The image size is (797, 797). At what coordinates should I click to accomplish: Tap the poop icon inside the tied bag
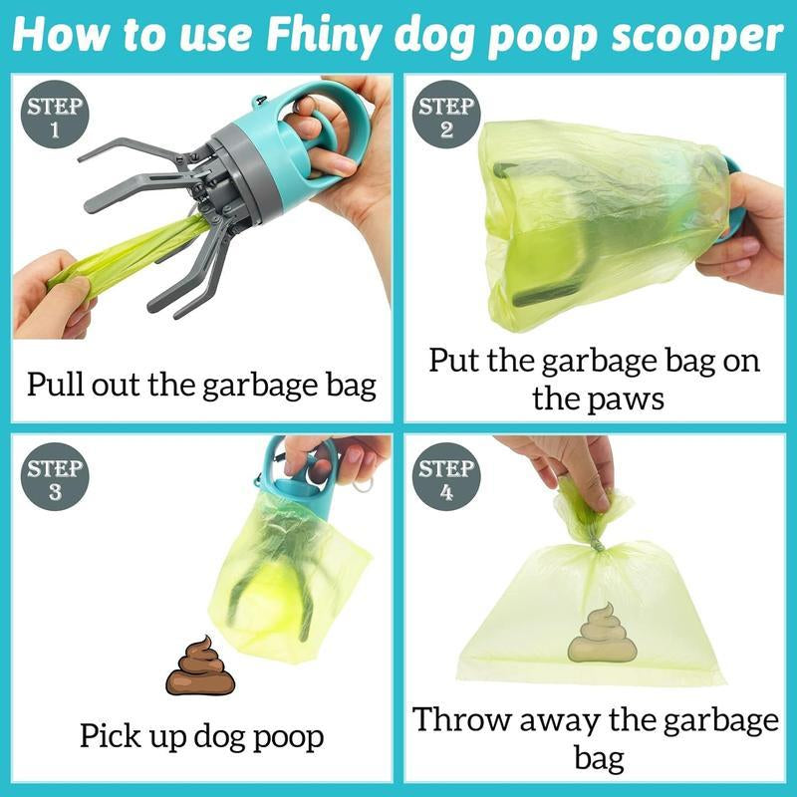click(x=602, y=635)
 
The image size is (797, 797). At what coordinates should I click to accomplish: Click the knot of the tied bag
click(x=596, y=543)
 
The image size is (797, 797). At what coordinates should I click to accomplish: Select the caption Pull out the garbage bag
click(x=201, y=384)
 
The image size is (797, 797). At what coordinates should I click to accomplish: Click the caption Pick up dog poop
click(x=201, y=737)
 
